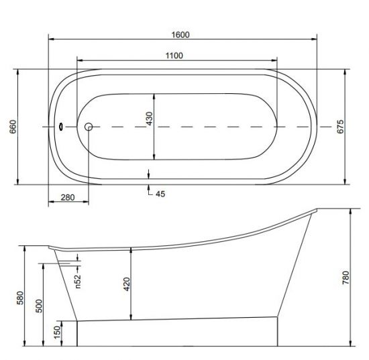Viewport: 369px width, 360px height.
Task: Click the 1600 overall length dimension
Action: point(180,35)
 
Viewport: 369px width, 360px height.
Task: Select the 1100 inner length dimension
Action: point(174,56)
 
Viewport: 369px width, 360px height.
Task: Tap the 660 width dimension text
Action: point(13,127)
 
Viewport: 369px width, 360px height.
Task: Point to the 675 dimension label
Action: point(340,127)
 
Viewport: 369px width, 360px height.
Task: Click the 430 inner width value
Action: point(149,119)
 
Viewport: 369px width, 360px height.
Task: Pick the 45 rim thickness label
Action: point(160,194)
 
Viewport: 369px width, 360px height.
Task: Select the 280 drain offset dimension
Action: point(68,198)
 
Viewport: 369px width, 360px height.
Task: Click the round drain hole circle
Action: point(89,127)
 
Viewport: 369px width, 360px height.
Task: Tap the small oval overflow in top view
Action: point(61,127)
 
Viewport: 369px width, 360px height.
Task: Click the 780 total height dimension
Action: point(346,278)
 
